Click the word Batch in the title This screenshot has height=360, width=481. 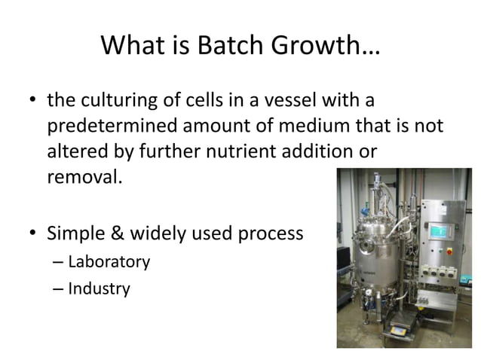click(229, 48)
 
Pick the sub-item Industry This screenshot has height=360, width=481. click(99, 288)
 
